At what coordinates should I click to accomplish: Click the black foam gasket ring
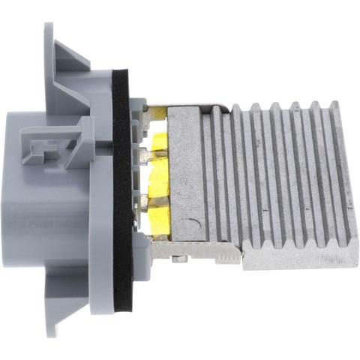(x=123, y=187)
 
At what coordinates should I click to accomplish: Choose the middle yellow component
(x=159, y=180)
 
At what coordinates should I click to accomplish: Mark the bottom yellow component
(x=159, y=218)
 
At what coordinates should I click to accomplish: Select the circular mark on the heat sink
(x=193, y=223)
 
